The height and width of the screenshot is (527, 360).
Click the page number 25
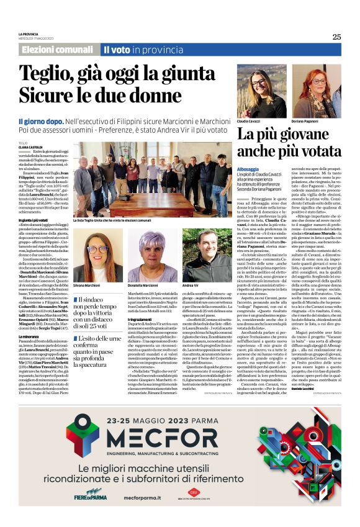point(336,37)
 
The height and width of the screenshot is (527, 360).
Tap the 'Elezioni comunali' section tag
point(57,50)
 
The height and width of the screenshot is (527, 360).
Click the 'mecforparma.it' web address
point(144,514)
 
